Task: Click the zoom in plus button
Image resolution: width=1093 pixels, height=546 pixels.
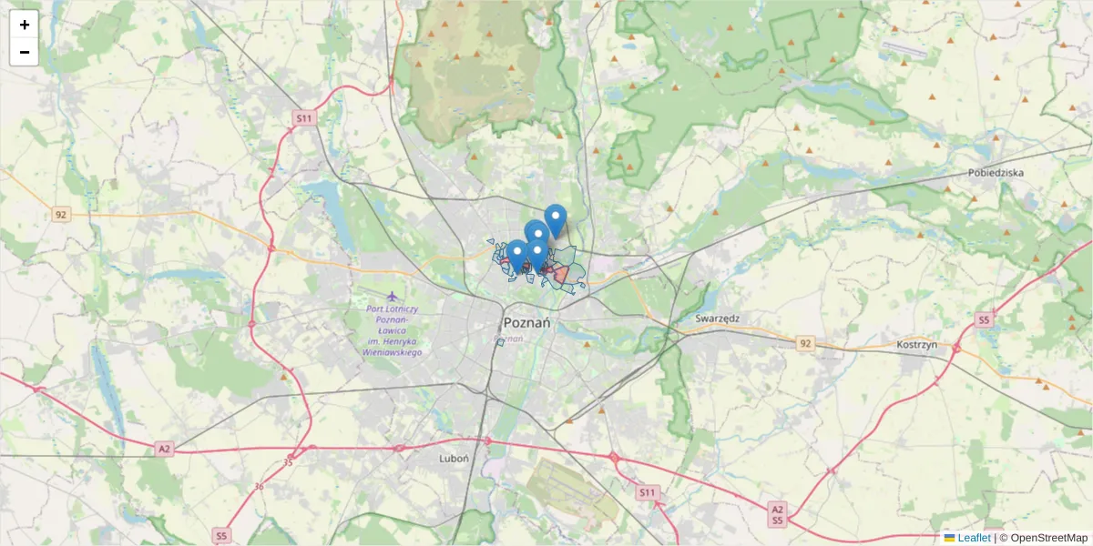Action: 25,25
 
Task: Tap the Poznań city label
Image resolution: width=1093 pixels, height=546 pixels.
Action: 526,323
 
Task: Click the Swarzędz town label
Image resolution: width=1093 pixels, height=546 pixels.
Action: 717,318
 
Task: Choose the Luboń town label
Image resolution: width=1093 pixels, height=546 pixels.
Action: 454,459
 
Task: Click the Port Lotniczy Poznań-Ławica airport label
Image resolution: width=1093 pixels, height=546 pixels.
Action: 393,329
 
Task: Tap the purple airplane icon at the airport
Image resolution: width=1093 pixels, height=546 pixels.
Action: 393,297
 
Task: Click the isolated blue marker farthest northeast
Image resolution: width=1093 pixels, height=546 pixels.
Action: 556,218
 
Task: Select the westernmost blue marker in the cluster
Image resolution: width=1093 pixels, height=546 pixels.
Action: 516,254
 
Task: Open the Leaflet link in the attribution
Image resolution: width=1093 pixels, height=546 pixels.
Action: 974,538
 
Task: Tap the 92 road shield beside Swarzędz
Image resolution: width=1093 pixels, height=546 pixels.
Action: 804,343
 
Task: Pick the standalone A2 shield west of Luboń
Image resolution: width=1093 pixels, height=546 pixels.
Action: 164,449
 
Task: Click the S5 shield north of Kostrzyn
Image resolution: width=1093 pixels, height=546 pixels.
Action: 983,319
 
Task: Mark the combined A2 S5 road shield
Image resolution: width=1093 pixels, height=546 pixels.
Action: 776,514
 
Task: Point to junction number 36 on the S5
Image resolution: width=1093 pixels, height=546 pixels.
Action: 259,487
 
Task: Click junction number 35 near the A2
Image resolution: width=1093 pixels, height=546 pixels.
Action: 289,462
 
